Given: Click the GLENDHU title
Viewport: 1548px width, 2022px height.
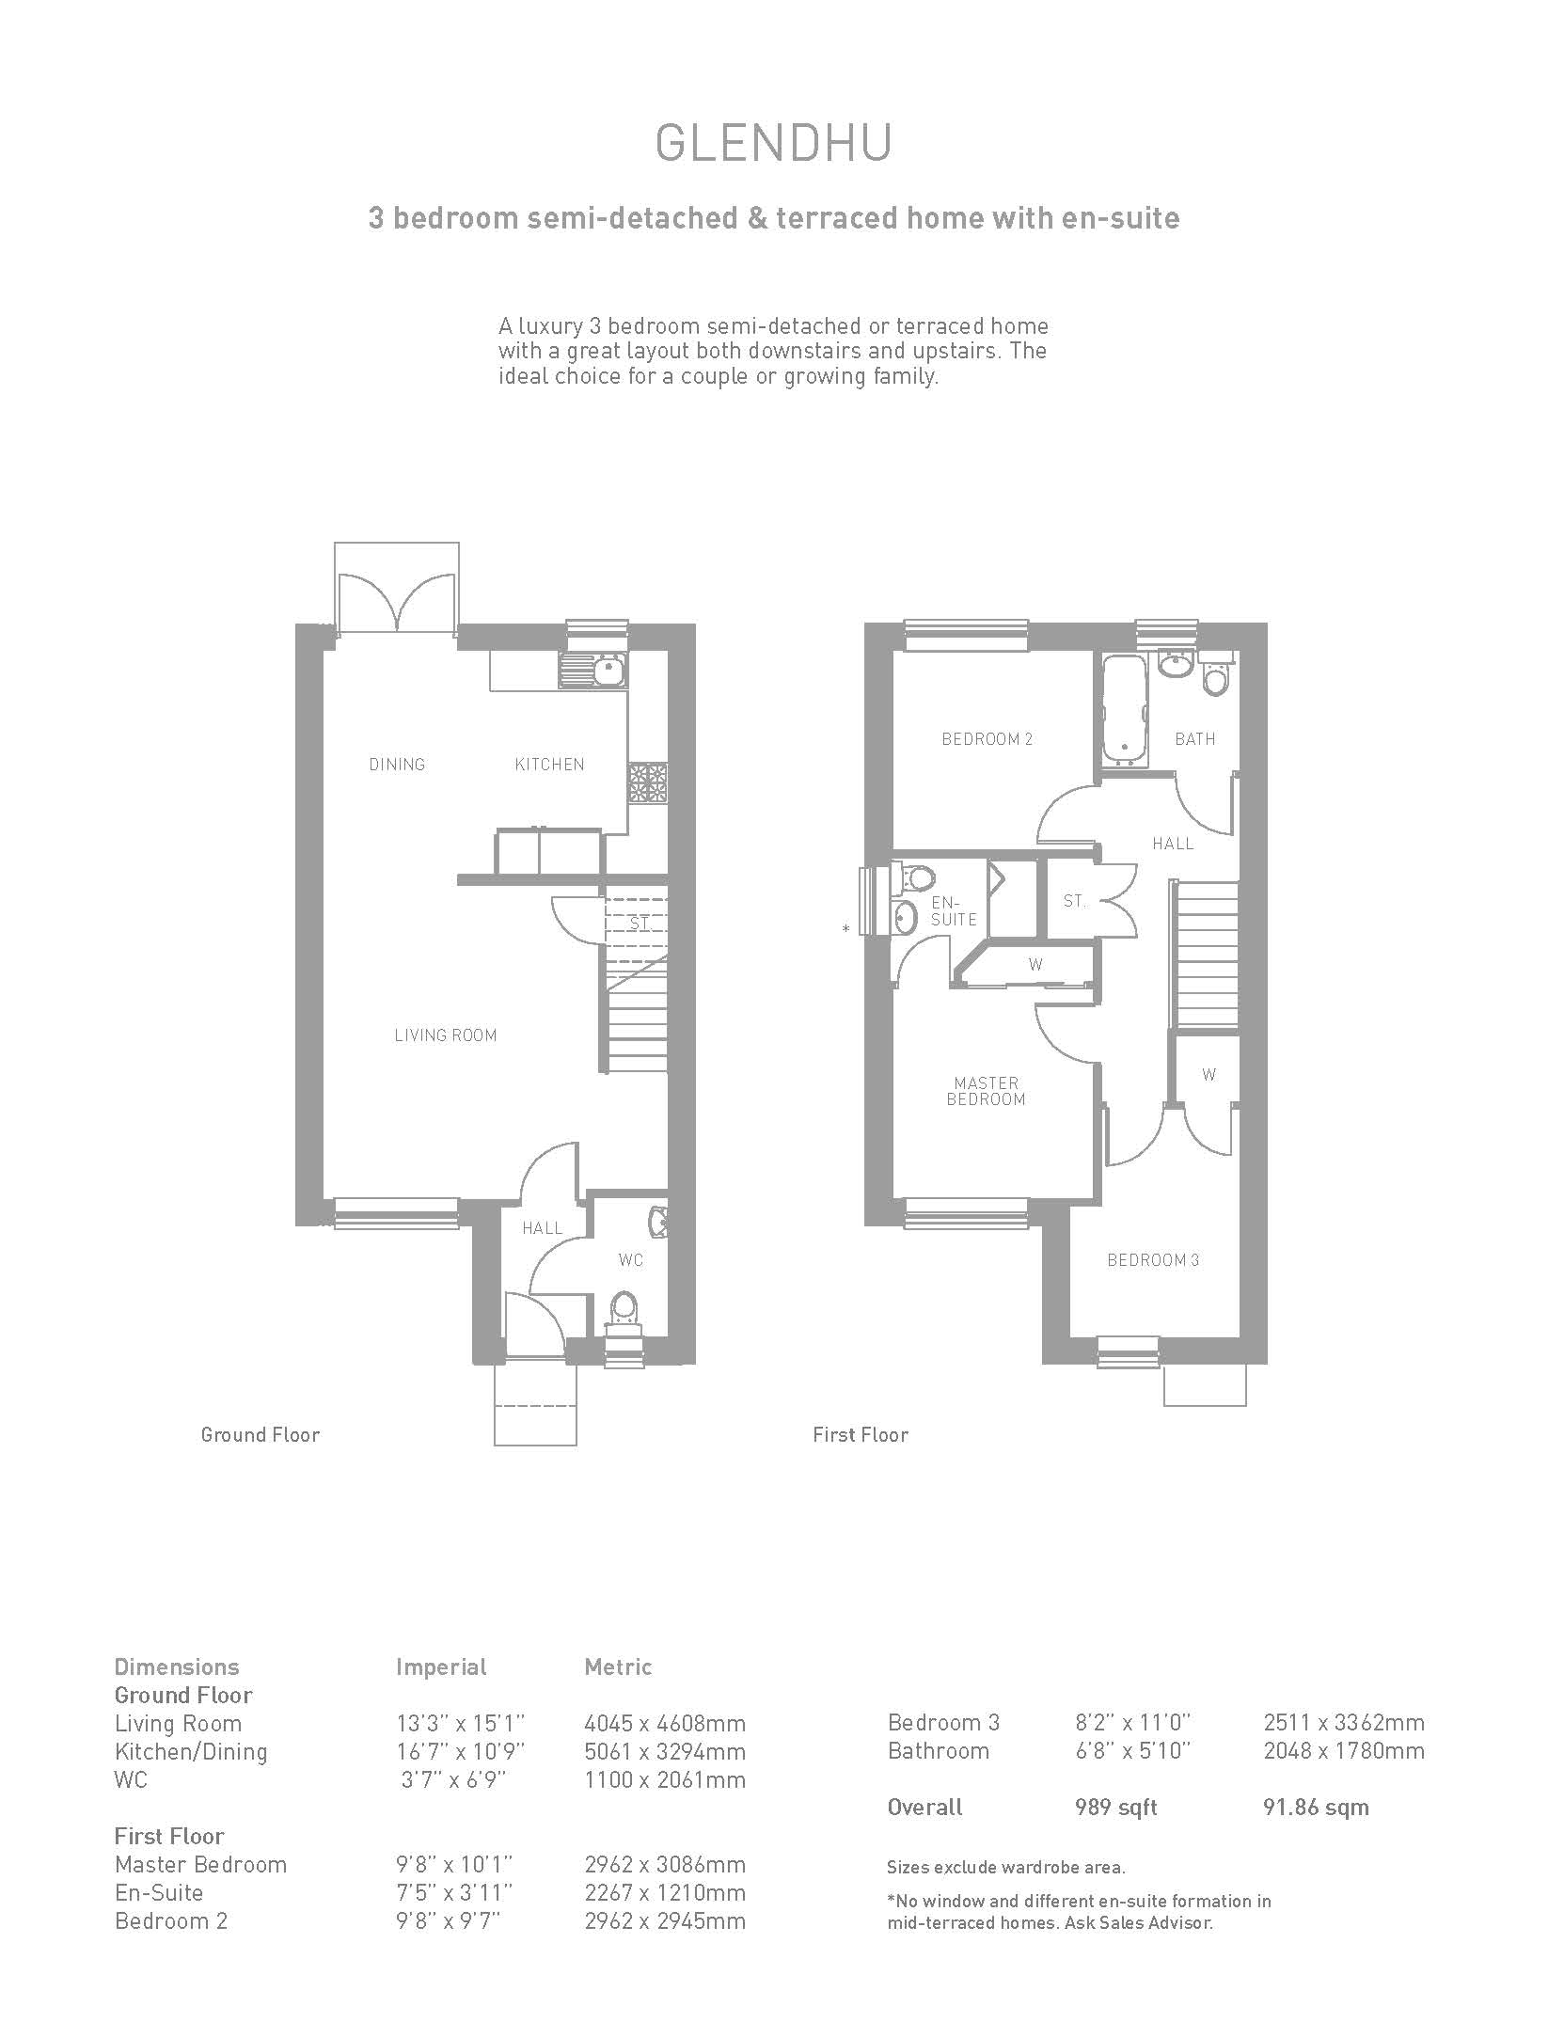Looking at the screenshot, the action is (773, 144).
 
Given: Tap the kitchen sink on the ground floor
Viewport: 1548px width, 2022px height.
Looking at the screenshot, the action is (593, 670).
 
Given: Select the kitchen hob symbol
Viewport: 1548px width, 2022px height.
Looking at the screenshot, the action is (648, 782).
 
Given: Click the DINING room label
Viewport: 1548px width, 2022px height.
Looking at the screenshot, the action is (397, 765).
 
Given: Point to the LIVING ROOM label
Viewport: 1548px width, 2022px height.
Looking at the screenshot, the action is (446, 1035).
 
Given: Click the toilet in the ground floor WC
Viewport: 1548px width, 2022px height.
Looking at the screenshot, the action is (624, 1312).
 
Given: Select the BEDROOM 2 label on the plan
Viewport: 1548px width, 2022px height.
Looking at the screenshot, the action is (987, 739).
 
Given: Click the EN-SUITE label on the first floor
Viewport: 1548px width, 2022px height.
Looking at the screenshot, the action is (954, 911).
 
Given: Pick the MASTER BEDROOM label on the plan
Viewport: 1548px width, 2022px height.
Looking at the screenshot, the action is (986, 1091).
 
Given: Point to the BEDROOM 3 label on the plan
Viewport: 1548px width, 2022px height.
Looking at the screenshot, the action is (1153, 1260).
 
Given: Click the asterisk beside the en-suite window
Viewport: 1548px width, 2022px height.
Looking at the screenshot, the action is (846, 929).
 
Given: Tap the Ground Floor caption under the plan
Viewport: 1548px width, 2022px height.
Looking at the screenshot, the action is (261, 1435).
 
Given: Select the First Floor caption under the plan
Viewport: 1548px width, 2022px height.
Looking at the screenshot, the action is (861, 1435).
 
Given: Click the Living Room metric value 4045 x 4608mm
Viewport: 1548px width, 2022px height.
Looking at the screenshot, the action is (665, 1724).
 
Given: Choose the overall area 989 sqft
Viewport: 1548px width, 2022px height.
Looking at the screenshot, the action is (1115, 1808).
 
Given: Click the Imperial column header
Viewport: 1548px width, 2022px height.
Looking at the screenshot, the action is (441, 1667).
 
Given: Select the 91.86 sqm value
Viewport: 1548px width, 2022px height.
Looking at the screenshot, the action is (1316, 1808).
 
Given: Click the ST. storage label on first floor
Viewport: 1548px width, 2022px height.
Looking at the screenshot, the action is (1074, 901).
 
